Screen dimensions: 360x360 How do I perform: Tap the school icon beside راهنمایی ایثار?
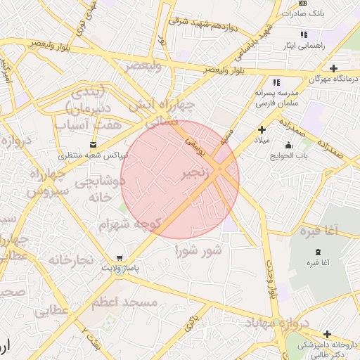pos(304,34)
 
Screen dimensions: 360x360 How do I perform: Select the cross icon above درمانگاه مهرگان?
pos(333,69)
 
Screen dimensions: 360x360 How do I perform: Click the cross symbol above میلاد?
pos(262,129)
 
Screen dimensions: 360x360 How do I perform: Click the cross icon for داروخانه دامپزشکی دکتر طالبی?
pos(326,334)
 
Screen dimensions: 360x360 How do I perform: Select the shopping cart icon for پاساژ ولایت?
pos(123,257)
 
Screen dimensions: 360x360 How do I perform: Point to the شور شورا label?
pos(199,250)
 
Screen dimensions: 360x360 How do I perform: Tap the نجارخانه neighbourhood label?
pos(71,260)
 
